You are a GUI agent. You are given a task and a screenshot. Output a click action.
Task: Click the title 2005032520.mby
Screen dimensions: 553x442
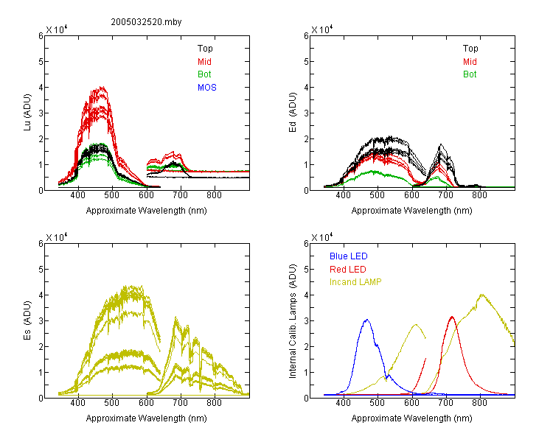146,22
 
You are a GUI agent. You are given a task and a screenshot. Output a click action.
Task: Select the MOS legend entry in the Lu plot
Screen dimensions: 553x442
207,88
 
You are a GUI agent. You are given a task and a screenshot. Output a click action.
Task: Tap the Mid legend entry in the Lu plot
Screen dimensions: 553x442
204,62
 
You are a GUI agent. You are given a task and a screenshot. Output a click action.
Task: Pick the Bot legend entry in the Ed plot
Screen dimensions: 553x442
470,74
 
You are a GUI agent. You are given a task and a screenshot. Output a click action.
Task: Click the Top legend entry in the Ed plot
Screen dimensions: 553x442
470,49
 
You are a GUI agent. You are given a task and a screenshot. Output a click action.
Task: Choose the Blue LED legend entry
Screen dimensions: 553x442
349,256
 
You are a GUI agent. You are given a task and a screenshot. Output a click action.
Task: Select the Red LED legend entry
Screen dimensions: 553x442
348,270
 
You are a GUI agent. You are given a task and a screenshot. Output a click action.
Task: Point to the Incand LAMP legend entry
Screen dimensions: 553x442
355,282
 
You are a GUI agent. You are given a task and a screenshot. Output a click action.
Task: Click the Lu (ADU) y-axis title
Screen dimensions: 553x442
27,113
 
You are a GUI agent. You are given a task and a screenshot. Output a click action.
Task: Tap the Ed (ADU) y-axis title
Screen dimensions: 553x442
293,113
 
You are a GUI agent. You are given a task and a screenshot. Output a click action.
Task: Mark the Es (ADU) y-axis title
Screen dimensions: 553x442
27,320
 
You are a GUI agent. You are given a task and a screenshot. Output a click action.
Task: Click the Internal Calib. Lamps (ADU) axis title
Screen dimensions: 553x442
293,321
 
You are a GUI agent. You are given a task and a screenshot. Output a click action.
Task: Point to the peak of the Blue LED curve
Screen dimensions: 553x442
367,320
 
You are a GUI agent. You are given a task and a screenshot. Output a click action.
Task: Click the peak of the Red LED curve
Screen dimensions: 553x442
452,317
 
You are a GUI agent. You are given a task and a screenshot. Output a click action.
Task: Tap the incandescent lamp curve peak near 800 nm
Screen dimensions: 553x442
481,295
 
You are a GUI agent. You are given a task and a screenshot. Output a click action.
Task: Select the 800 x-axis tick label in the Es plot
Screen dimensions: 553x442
214,403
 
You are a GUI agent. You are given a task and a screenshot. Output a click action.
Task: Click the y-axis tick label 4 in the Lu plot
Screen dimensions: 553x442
41,88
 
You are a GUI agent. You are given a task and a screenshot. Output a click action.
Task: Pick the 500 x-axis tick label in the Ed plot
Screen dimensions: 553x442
377,195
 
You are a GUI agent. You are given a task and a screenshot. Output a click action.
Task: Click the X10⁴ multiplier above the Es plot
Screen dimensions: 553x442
57,237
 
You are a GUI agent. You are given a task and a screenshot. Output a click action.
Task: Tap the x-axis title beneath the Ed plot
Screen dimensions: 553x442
411,211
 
